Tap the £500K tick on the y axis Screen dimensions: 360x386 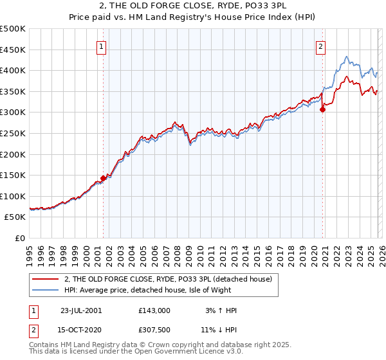coord(13,29)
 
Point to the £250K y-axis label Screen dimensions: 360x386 coord(13,133)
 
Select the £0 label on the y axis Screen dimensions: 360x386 coord(21,238)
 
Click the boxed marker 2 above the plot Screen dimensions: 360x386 coord(320,46)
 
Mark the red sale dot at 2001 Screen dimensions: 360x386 coord(103,178)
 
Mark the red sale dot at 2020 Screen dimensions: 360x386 coord(322,109)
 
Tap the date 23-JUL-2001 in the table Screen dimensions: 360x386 coord(80,310)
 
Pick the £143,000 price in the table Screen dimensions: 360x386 coord(154,310)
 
